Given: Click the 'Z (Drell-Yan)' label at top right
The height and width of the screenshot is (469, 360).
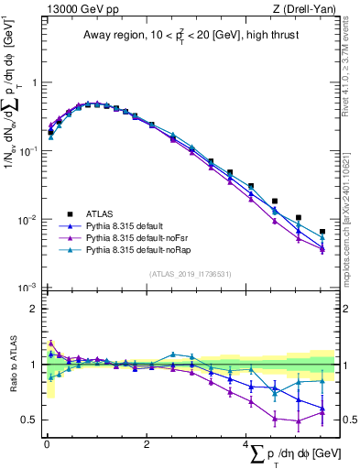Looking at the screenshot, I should [x=308, y=8].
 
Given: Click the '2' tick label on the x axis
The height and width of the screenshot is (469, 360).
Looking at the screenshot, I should [x=147, y=445].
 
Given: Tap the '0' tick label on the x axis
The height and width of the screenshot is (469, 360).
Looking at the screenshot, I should [x=47, y=445].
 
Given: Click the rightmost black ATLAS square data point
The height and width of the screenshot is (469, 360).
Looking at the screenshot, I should [x=322, y=232].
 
